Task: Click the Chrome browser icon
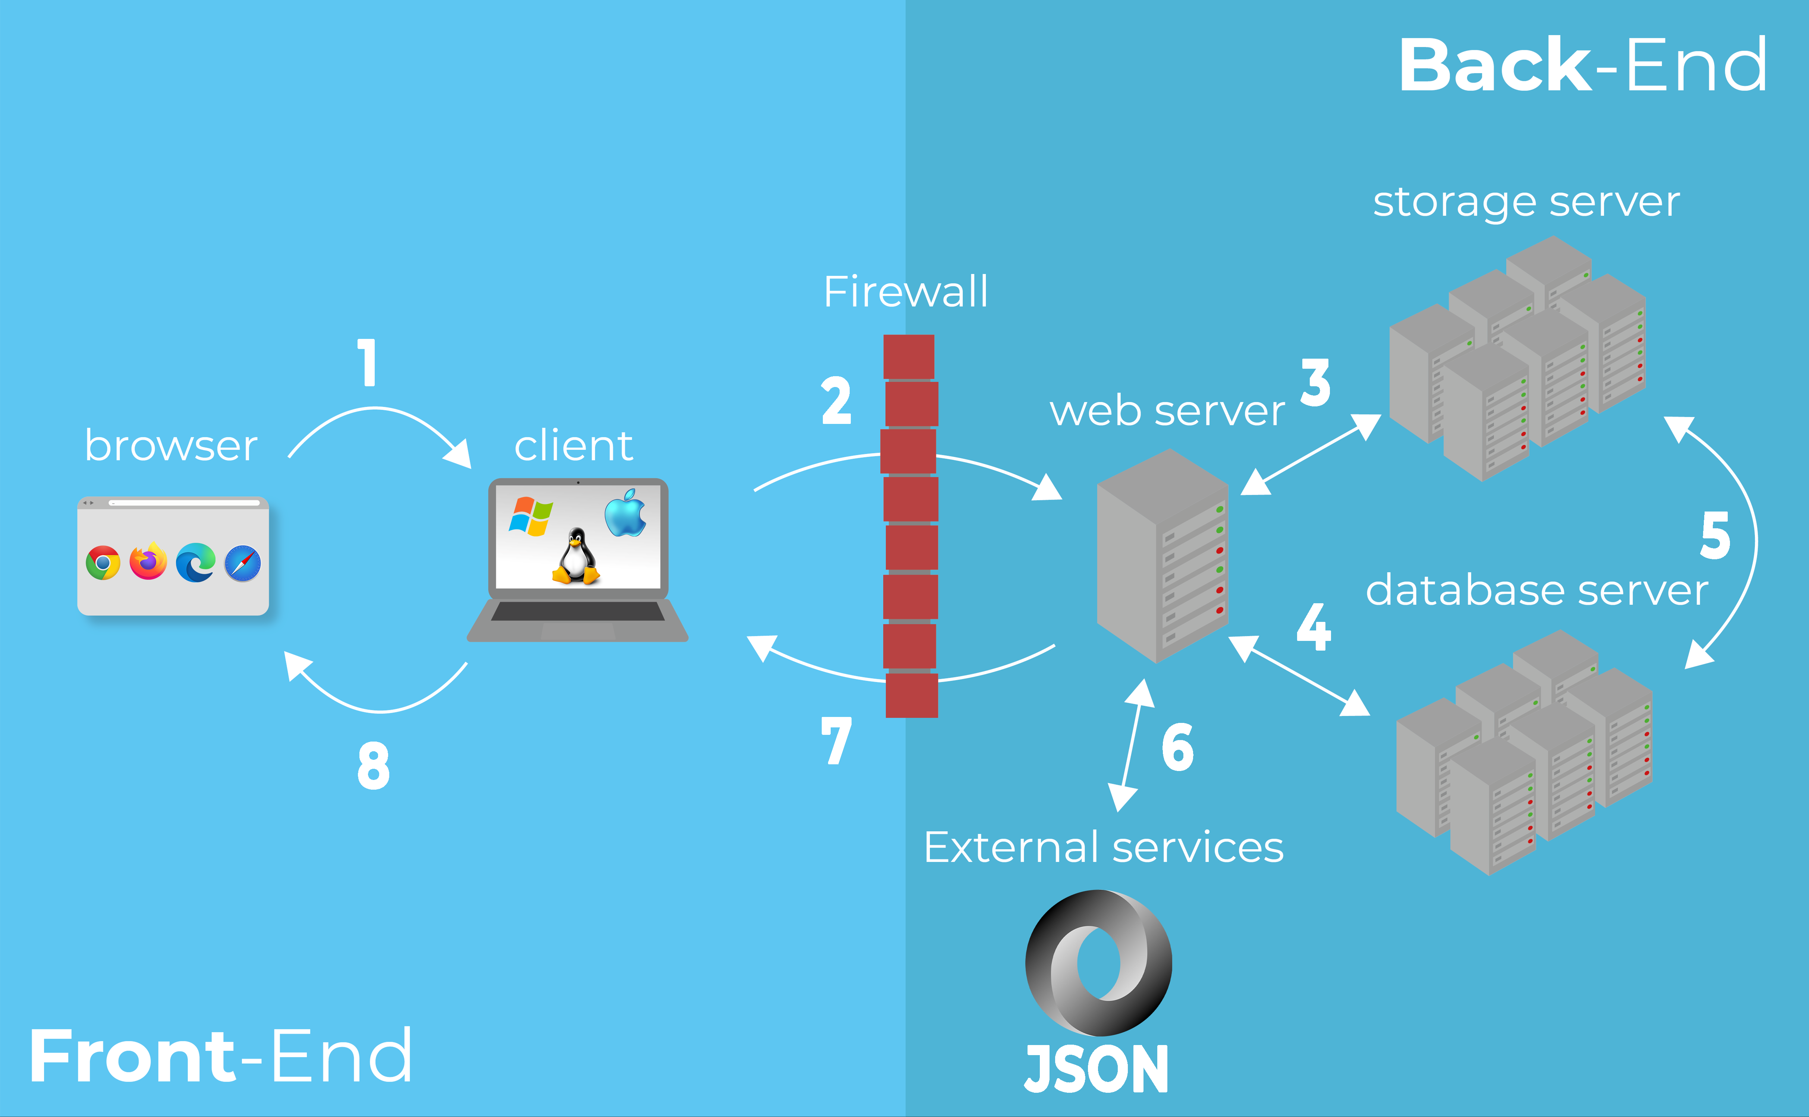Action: pyautogui.click(x=103, y=563)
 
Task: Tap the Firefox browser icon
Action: pyautogui.click(x=148, y=561)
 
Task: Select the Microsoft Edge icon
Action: pyautogui.click(x=196, y=562)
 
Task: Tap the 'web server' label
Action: pyautogui.click(x=1167, y=411)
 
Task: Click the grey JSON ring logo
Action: pyautogui.click(x=1098, y=963)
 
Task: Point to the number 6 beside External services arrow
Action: pyautogui.click(x=1177, y=748)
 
